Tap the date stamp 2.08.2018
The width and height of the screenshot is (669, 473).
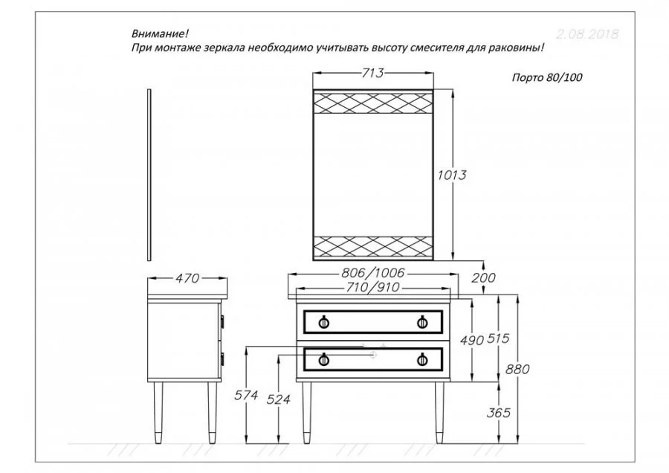[586, 34]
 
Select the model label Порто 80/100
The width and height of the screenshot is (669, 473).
[546, 77]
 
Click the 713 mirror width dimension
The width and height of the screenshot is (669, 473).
[372, 73]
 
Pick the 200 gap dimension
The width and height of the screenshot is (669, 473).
[483, 277]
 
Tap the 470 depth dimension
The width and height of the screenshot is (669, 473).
[187, 279]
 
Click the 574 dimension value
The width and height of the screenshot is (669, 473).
[245, 396]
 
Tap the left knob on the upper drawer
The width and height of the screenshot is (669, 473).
[323, 321]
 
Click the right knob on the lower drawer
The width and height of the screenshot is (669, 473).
[422, 360]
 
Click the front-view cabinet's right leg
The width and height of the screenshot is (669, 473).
[439, 413]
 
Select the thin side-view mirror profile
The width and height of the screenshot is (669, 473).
[149, 176]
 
